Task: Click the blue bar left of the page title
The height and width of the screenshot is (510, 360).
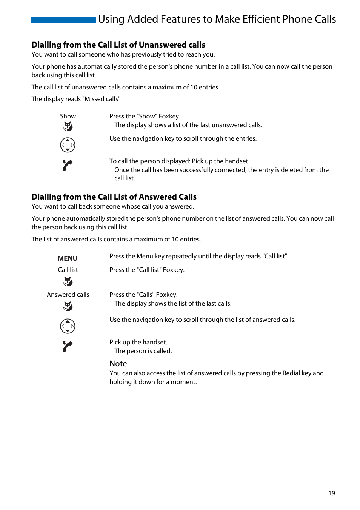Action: point(63,20)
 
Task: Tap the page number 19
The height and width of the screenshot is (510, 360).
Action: point(331,493)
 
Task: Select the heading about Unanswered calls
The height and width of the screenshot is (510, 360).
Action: point(118,45)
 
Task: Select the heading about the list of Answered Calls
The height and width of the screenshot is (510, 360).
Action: point(114,197)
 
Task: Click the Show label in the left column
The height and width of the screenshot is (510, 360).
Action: point(68,116)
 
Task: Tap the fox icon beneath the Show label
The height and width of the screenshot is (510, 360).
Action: point(68,126)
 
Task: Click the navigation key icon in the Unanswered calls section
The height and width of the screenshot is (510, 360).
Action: point(68,145)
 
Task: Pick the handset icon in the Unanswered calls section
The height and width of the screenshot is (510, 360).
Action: point(67,165)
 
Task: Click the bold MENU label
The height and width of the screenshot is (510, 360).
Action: point(68,258)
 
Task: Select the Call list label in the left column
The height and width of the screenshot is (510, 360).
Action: point(68,270)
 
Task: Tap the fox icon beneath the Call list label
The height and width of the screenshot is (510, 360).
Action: point(68,281)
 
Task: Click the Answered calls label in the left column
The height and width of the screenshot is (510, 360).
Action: point(68,295)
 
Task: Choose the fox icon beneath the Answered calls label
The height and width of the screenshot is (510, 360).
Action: point(68,306)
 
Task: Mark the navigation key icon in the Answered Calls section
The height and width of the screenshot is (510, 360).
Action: point(68,326)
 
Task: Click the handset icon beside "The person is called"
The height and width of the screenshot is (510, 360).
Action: point(67,346)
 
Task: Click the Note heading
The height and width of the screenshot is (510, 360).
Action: point(118,364)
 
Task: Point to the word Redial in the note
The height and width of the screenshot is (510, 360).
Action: point(291,373)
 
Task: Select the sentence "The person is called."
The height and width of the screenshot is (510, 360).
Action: point(143,351)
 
